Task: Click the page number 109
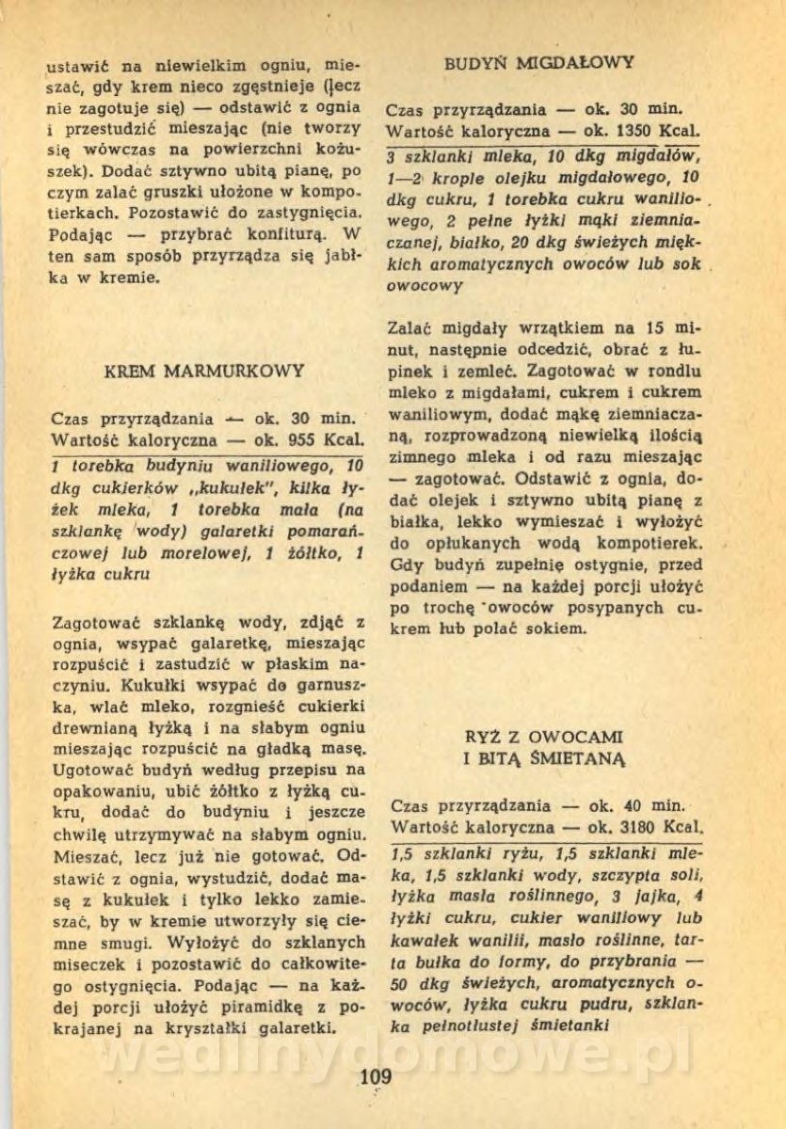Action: click(x=376, y=1075)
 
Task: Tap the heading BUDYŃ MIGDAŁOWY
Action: click(x=539, y=63)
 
